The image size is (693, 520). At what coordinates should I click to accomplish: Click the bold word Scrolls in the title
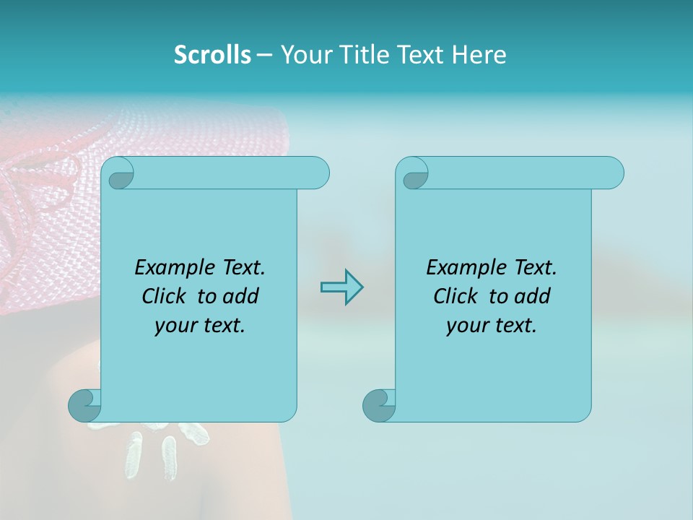pyautogui.click(x=212, y=55)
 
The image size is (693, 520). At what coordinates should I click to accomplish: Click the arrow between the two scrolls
pyautogui.click(x=341, y=287)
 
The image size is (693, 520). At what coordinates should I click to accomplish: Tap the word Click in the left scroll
pyautogui.click(x=166, y=296)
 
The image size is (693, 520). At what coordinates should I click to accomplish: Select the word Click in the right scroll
pyautogui.click(x=456, y=296)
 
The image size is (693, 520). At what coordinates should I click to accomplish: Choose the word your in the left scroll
pyautogui.click(x=175, y=326)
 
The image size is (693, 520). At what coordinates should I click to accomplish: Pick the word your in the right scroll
pyautogui.click(x=467, y=326)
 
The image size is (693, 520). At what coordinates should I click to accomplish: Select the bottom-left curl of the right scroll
pyautogui.click(x=379, y=405)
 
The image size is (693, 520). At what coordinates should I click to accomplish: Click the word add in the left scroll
pyautogui.click(x=242, y=296)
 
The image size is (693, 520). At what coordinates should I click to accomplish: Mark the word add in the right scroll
pyautogui.click(x=533, y=296)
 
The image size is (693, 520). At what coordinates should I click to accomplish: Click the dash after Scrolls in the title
pyautogui.click(x=264, y=55)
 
